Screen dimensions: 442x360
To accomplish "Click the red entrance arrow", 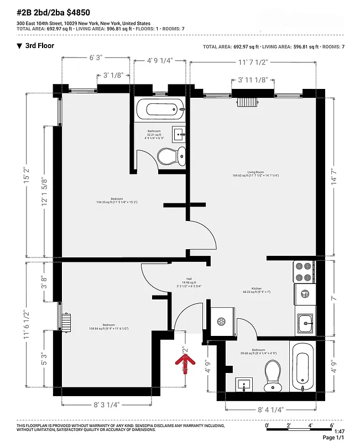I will pyautogui.click(x=186, y=362).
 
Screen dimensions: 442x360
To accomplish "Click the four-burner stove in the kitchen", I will pyautogui.click(x=304, y=272).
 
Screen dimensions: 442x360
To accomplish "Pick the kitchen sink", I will pyautogui.click(x=305, y=322).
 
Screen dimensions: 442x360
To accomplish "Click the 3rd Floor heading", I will pyautogui.click(x=40, y=46).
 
